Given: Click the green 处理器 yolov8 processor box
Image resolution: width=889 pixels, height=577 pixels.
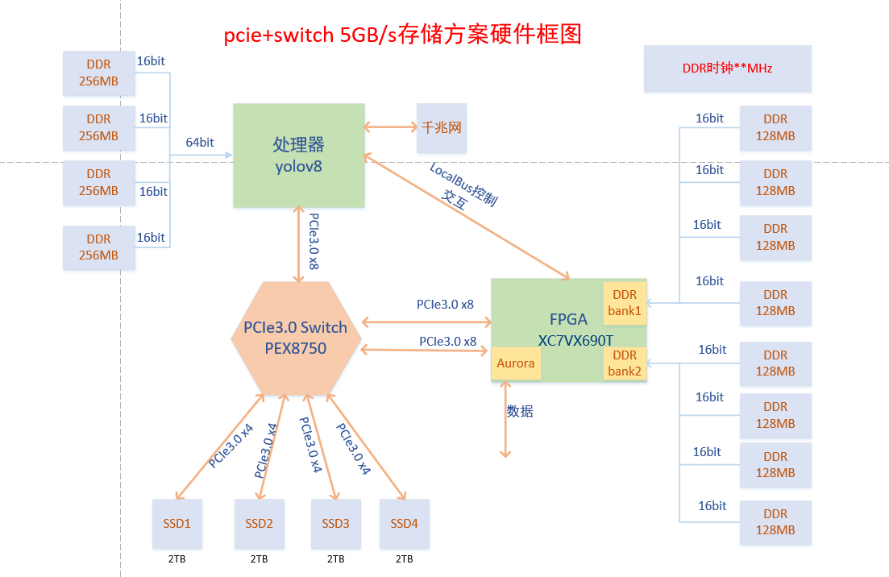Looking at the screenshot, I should [298, 155].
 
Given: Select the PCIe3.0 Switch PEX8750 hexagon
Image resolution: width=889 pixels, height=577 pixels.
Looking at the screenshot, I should [295, 338].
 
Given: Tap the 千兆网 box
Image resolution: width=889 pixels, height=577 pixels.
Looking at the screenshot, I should [441, 127].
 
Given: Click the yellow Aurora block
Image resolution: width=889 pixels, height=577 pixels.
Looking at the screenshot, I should [516, 363].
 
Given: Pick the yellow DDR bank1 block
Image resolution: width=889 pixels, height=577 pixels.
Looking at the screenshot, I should [625, 303].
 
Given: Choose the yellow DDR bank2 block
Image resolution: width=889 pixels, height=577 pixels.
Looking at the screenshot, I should [625, 363].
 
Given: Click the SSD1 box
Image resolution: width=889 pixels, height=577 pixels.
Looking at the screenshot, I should [177, 524].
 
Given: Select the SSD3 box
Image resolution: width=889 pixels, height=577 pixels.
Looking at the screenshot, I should [336, 524].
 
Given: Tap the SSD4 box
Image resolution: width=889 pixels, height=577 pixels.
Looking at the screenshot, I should [405, 524].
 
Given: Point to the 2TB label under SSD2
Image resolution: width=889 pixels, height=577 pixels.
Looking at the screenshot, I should [259, 558].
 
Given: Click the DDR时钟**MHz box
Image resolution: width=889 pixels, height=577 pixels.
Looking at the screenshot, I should [727, 68].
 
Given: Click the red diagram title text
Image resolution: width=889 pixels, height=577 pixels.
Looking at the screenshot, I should [402, 35].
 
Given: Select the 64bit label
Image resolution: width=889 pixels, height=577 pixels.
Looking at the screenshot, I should [200, 143].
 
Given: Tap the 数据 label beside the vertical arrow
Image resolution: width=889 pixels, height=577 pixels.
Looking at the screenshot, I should [520, 411].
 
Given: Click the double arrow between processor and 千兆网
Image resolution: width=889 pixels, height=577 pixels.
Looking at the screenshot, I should [390, 127].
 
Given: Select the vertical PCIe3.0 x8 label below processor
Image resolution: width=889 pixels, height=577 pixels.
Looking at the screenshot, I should [314, 241].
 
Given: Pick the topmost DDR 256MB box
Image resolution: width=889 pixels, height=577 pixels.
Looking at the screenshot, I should [98, 73].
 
